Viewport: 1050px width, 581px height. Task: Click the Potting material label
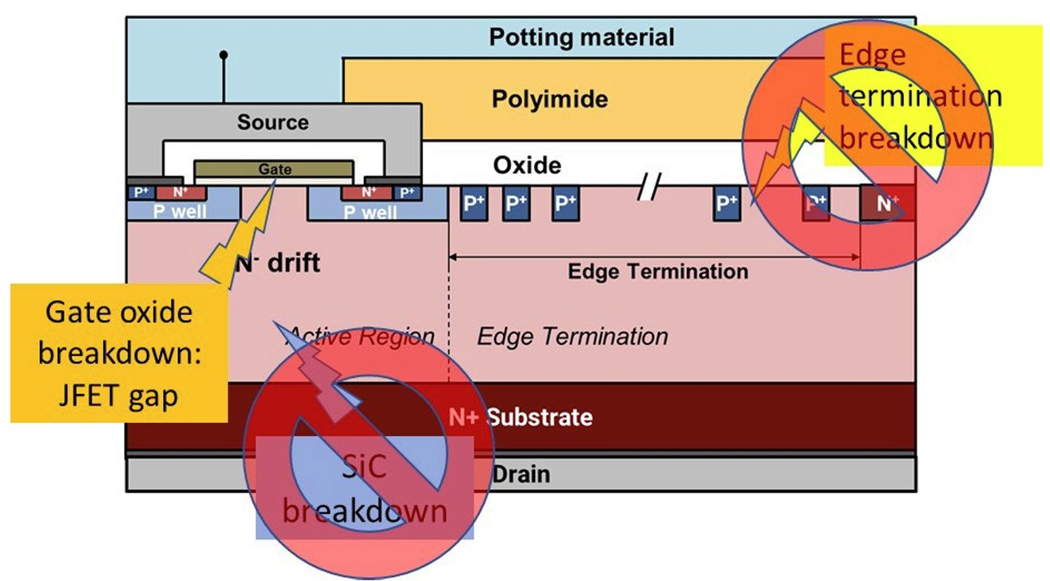[x=581, y=37]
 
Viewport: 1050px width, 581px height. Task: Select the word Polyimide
[x=549, y=99]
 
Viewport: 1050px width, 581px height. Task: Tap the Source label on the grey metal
[x=272, y=123]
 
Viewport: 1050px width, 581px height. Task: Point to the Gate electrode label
[x=274, y=169]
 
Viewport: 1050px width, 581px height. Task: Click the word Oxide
[x=527, y=165]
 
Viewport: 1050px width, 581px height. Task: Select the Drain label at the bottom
[x=521, y=474]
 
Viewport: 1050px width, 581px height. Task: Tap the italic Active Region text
[x=361, y=336]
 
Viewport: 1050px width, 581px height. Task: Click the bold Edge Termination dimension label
[x=658, y=271]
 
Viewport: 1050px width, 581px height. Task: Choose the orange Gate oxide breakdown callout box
[x=118, y=352]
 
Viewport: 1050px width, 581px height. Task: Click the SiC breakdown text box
[x=364, y=488]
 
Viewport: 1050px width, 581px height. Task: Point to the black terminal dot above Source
[x=224, y=55]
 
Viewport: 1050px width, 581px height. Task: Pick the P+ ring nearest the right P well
[x=474, y=204]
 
